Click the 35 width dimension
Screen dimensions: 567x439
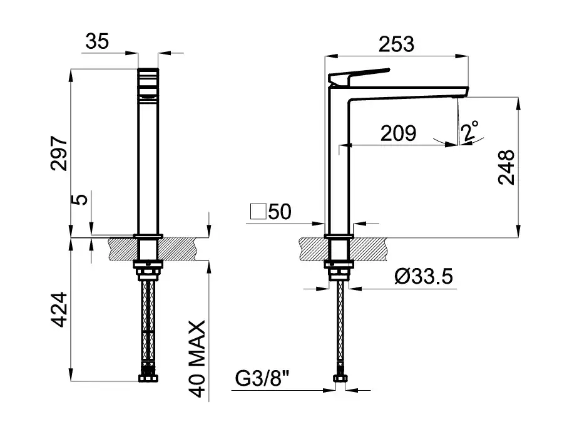point(97,41)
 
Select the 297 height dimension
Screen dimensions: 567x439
point(59,153)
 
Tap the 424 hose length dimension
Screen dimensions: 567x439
point(59,309)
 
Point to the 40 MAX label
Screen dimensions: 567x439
point(197,359)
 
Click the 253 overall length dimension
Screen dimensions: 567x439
point(396,44)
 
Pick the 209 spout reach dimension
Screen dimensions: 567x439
point(398,133)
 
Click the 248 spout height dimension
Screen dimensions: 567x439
point(506,167)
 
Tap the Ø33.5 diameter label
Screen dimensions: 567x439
point(424,277)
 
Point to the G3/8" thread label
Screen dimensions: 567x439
point(262,378)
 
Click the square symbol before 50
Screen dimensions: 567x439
point(258,211)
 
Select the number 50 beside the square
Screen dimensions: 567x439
point(280,212)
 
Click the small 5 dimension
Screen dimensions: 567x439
point(83,199)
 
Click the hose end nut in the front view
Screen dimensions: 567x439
point(148,377)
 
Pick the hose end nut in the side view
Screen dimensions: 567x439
point(340,378)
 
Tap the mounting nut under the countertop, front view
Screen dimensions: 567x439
point(148,269)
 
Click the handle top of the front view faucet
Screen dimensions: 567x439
point(148,83)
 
